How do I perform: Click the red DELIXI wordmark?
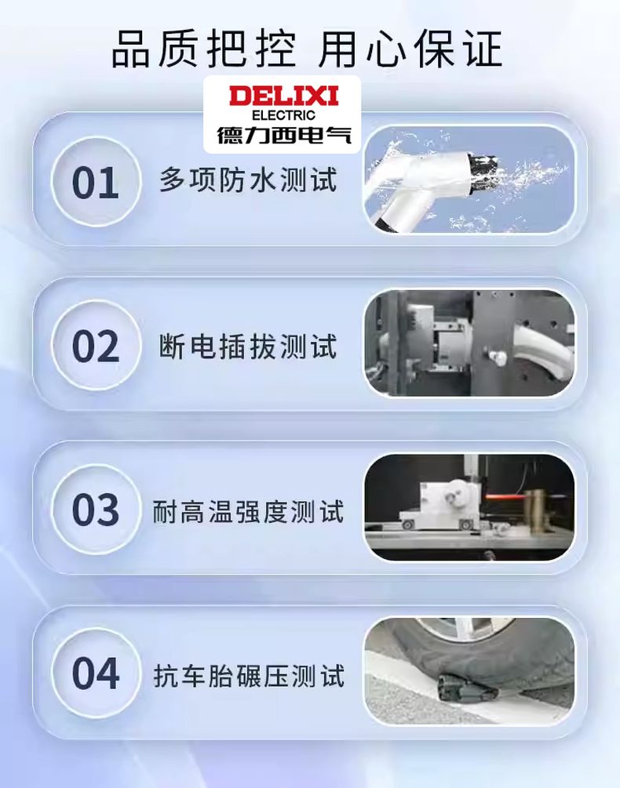click(283, 96)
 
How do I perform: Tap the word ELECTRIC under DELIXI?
click(283, 115)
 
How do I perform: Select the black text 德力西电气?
click(283, 135)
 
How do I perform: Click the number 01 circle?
click(96, 182)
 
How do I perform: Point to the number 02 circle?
click(96, 346)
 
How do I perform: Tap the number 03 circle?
click(96, 510)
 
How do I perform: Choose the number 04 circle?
click(96, 674)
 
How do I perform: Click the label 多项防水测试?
click(248, 180)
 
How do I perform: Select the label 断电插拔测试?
click(248, 347)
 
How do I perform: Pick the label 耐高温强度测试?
click(249, 511)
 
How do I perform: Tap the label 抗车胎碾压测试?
click(249, 675)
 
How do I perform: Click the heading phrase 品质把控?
click(203, 49)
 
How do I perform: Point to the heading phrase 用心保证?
click(410, 49)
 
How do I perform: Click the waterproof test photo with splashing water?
click(469, 180)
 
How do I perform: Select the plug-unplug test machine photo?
click(469, 343)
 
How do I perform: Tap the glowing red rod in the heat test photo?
click(501, 498)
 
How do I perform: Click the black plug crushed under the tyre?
click(467, 688)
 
